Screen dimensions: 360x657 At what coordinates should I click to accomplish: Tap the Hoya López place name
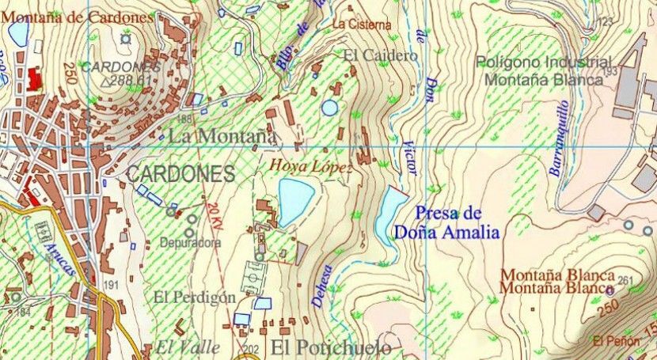pyautogui.click(x=310, y=166)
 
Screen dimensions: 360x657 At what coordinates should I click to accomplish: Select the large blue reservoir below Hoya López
pyautogui.click(x=294, y=201)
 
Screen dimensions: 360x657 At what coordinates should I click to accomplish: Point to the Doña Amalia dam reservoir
pyautogui.click(x=390, y=214)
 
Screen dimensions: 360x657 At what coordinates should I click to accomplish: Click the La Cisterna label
pyautogui.click(x=362, y=25)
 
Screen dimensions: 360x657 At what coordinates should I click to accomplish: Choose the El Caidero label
pyautogui.click(x=380, y=55)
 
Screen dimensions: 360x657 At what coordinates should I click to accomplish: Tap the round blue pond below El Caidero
pyautogui.click(x=329, y=107)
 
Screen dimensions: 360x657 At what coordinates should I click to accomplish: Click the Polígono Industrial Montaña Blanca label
pyautogui.click(x=544, y=70)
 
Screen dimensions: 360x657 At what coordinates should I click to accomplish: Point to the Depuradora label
pyautogui.click(x=191, y=243)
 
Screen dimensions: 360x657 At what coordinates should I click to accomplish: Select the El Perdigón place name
pyautogui.click(x=195, y=297)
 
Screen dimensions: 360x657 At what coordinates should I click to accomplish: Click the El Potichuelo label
pyautogui.click(x=331, y=348)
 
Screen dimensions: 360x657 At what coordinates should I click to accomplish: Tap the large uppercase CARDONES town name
pyautogui.click(x=180, y=174)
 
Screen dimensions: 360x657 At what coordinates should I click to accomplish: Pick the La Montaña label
pyautogui.click(x=222, y=136)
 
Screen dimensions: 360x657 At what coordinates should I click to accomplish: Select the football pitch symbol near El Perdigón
pyautogui.click(x=256, y=278)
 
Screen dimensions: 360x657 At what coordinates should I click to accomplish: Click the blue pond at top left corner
pyautogui.click(x=17, y=33)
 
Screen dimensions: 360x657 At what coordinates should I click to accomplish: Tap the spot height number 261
pyautogui.click(x=625, y=281)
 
